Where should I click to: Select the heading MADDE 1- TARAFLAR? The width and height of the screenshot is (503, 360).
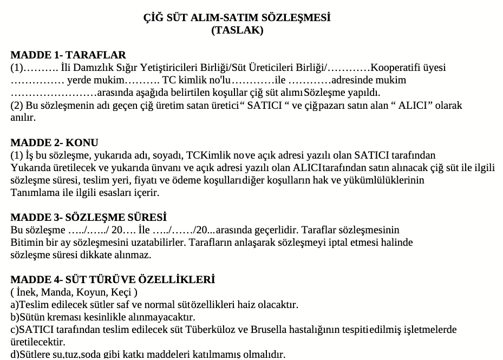coord(68,55)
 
